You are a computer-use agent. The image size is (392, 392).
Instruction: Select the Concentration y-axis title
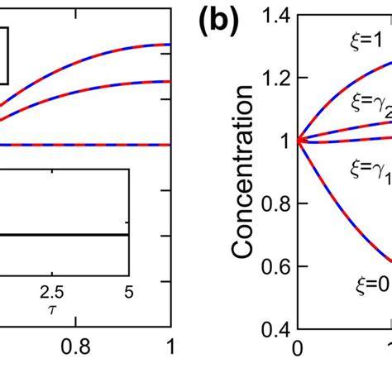(x=243, y=179)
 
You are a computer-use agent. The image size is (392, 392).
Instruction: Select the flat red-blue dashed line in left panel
(x=83, y=145)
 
